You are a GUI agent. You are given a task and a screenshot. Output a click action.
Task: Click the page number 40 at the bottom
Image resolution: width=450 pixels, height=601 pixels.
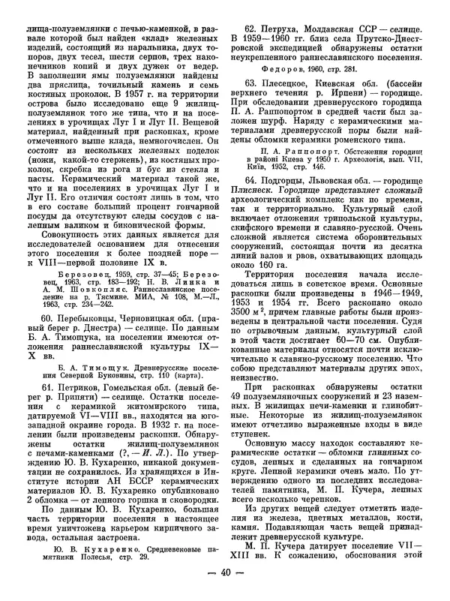click(x=225, y=585)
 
